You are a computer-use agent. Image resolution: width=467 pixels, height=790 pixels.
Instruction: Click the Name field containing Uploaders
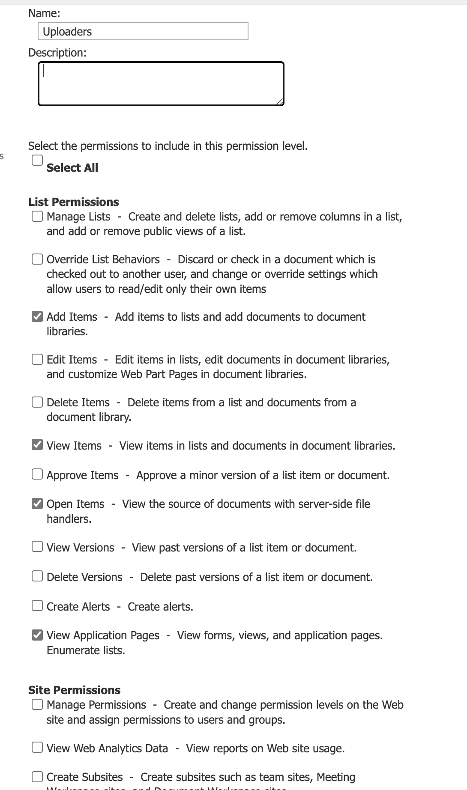coord(143,31)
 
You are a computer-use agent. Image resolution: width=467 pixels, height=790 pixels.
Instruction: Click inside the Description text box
coord(161,84)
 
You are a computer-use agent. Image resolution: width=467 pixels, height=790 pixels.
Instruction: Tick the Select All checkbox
coord(37,160)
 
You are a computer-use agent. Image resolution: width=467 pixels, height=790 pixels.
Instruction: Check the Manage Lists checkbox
coord(37,216)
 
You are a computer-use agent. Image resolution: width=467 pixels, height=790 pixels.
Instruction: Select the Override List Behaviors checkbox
coord(37,259)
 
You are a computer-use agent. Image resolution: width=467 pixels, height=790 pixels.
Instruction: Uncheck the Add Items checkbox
coord(37,316)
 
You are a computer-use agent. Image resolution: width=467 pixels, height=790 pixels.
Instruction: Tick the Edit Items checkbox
coord(37,359)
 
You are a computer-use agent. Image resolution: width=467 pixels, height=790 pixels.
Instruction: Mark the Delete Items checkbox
coord(37,402)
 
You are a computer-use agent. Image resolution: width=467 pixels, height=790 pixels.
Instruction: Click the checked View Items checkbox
coord(37,445)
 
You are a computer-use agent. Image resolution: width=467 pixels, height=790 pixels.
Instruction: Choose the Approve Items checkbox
coord(37,474)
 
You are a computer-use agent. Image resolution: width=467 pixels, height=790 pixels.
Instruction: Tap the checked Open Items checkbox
coord(37,504)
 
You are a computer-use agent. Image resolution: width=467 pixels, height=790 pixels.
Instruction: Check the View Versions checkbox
coord(37,547)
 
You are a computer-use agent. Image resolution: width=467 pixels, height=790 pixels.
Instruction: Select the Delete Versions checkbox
coord(37,576)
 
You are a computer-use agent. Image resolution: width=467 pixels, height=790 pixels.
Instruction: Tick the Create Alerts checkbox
coord(37,605)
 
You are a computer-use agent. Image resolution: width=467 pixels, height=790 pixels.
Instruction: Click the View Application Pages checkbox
coord(37,635)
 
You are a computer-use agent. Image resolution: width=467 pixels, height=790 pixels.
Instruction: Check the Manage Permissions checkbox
coord(37,704)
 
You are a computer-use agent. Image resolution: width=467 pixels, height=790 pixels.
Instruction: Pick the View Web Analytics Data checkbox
coord(37,748)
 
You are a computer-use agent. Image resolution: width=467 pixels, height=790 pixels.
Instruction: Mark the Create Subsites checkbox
coord(37,777)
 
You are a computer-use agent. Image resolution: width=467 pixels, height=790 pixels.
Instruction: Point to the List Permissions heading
coord(74,202)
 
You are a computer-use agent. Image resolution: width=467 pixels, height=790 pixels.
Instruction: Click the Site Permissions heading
coord(75,690)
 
